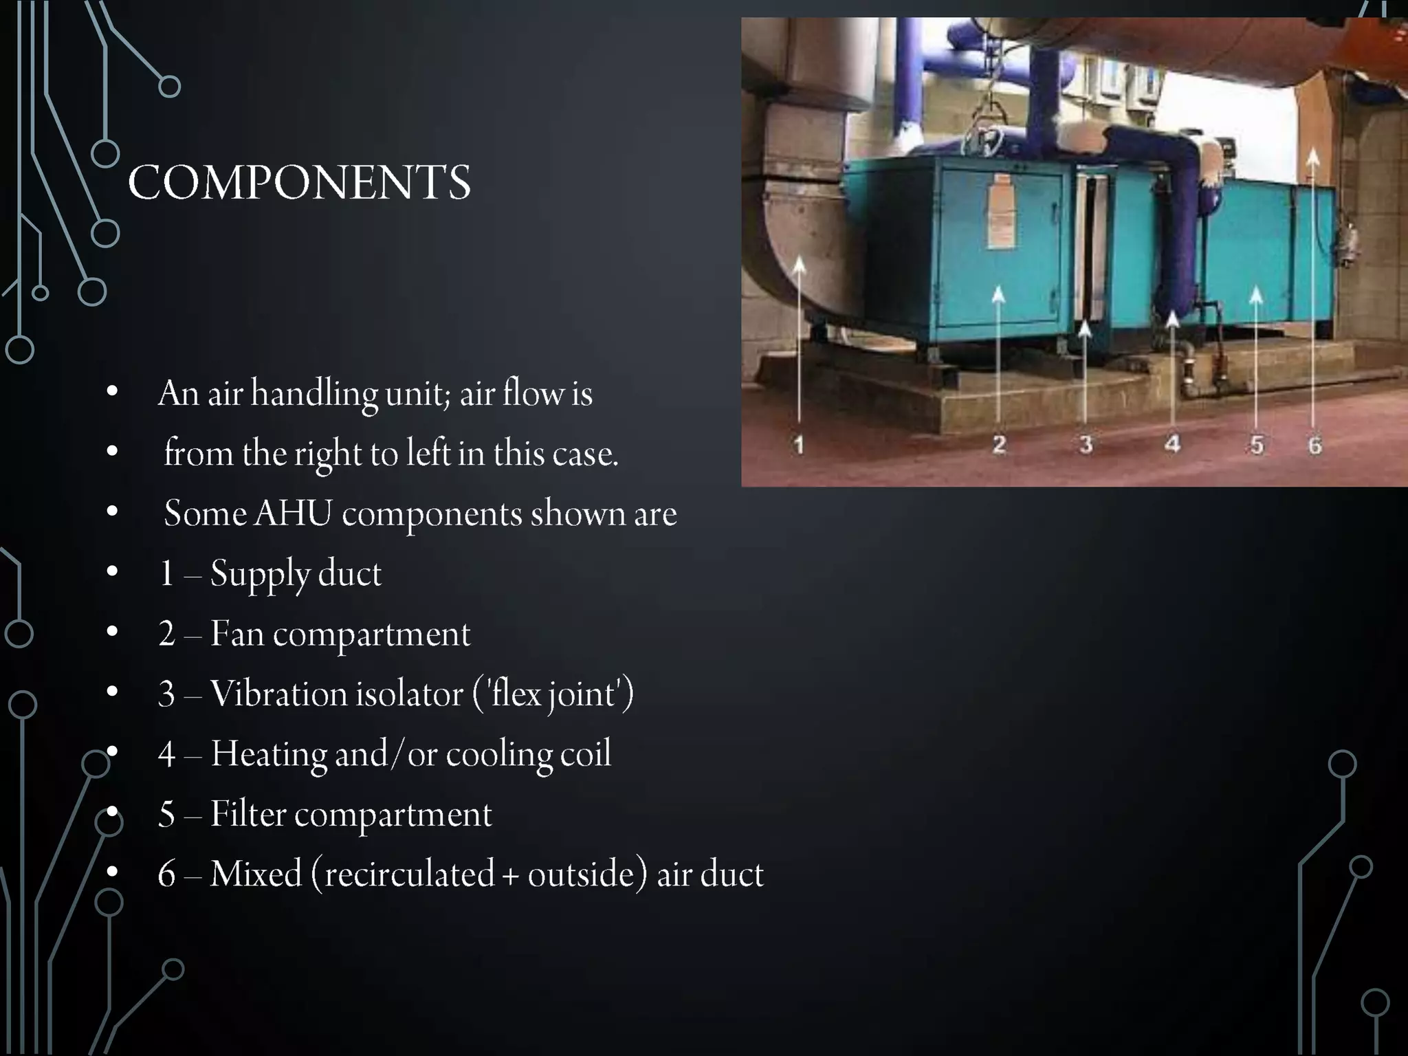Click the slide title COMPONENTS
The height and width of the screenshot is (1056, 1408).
(x=299, y=183)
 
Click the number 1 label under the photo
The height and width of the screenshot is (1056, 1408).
(x=798, y=445)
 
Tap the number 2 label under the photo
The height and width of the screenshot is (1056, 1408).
(x=999, y=444)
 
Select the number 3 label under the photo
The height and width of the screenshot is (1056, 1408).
(x=1086, y=444)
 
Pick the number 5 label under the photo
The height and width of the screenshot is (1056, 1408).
(x=1257, y=445)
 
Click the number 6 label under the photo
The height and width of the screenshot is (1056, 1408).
(x=1314, y=445)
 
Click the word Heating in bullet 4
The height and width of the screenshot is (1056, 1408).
(x=268, y=753)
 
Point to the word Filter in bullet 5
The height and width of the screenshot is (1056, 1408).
(x=247, y=814)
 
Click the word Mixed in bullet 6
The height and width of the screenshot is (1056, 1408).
(x=256, y=874)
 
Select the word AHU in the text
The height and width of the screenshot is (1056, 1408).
(x=293, y=514)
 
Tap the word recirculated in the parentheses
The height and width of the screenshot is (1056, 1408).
(x=409, y=874)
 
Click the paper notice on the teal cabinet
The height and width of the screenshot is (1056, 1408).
(x=1001, y=211)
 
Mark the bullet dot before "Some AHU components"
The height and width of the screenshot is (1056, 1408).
(x=112, y=511)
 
